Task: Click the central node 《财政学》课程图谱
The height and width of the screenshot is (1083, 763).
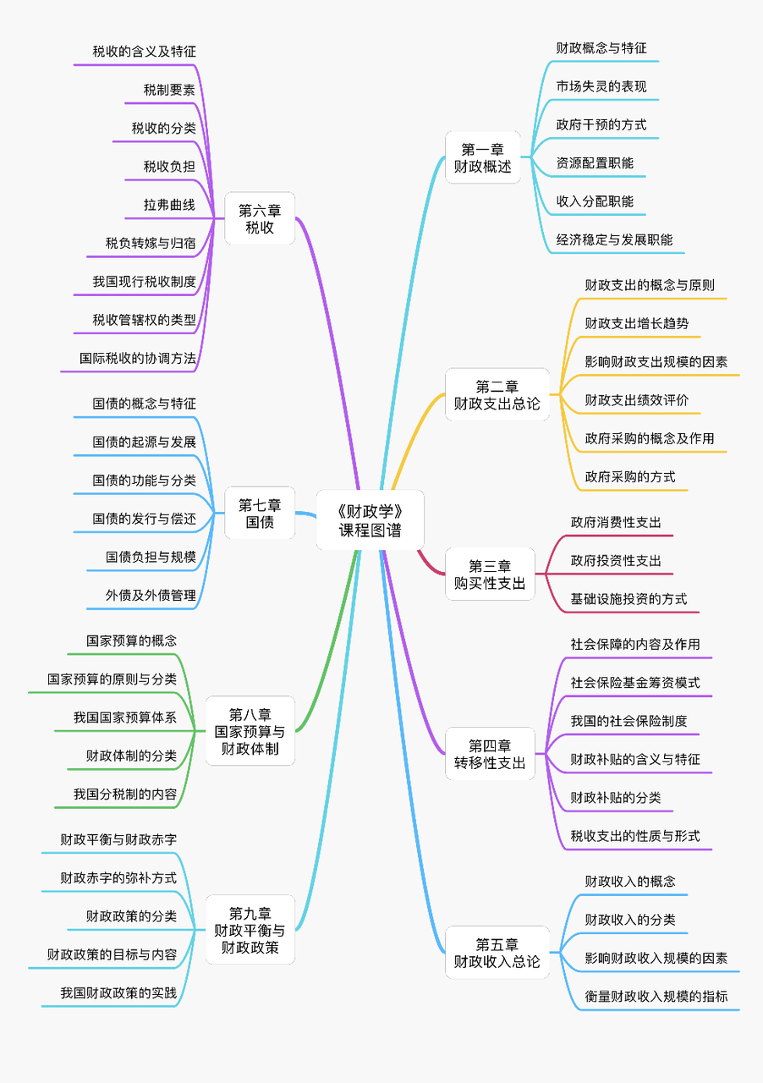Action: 370,520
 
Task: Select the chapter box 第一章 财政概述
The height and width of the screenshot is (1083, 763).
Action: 483,158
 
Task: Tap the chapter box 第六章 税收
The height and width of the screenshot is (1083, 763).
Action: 260,218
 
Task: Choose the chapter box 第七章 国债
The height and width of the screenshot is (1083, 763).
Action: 260,514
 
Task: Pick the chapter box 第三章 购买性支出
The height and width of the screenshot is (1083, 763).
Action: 490,574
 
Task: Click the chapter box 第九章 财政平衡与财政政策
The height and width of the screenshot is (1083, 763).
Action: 250,930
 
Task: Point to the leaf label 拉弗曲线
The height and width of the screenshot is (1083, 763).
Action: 169,205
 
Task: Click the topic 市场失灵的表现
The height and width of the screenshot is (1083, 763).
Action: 601,86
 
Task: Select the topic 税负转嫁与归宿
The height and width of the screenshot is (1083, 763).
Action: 151,243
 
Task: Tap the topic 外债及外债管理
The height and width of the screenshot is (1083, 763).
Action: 151,595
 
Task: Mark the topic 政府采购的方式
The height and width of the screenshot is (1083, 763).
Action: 630,476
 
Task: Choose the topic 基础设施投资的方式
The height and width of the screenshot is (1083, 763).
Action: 629,598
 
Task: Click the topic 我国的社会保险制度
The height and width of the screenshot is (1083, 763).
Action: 629,721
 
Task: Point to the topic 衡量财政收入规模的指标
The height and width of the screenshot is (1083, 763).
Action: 656,996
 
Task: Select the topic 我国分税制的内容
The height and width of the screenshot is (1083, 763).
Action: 125,794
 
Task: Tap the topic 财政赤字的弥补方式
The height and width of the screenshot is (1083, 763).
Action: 118,877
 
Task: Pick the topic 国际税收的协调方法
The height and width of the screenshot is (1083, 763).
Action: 138,358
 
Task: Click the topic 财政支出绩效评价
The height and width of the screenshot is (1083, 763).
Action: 636,399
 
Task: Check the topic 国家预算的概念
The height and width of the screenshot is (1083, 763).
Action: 131,640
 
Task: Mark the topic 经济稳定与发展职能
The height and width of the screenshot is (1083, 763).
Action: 614,239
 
